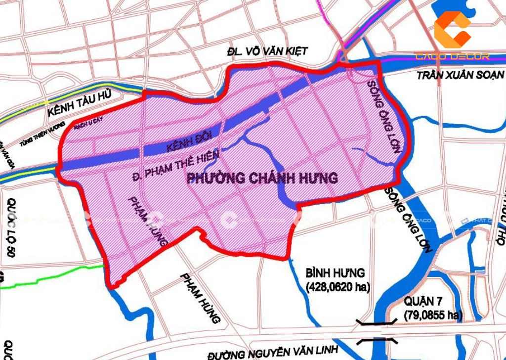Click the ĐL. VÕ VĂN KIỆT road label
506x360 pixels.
[x=267, y=51]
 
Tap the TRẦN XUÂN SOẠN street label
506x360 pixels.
[x=460, y=75]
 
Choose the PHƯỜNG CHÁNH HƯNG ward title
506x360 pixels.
[x=262, y=178]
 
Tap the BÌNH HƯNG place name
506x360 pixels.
[x=335, y=272]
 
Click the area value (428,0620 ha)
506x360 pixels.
[x=338, y=286]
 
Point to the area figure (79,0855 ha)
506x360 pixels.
[x=433, y=315]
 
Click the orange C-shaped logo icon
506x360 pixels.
[x=452, y=30]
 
